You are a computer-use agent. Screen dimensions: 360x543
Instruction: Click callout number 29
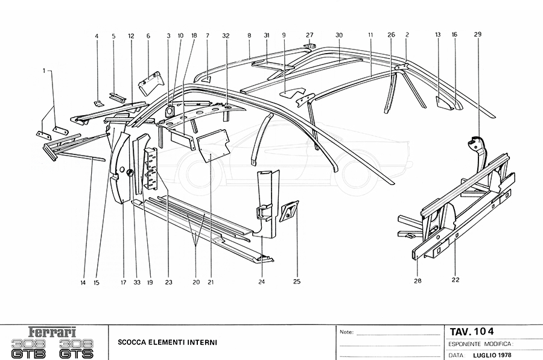point(477,34)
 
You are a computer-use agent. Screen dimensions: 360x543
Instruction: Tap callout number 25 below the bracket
point(296,281)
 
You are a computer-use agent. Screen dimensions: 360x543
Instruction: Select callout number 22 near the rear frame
point(456,280)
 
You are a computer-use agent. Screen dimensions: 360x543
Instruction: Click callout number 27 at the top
point(310,34)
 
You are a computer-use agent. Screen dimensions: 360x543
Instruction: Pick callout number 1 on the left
point(43,71)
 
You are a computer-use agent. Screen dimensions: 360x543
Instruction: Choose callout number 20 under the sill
point(195,282)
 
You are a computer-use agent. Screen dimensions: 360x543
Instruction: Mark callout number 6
point(148,36)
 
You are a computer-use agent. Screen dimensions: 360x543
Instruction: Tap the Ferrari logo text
point(53,331)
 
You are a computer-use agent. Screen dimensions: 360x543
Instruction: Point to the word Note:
point(346,332)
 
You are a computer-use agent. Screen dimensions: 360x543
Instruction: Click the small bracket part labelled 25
point(290,211)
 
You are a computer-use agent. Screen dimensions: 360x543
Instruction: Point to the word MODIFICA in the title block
point(496,343)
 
